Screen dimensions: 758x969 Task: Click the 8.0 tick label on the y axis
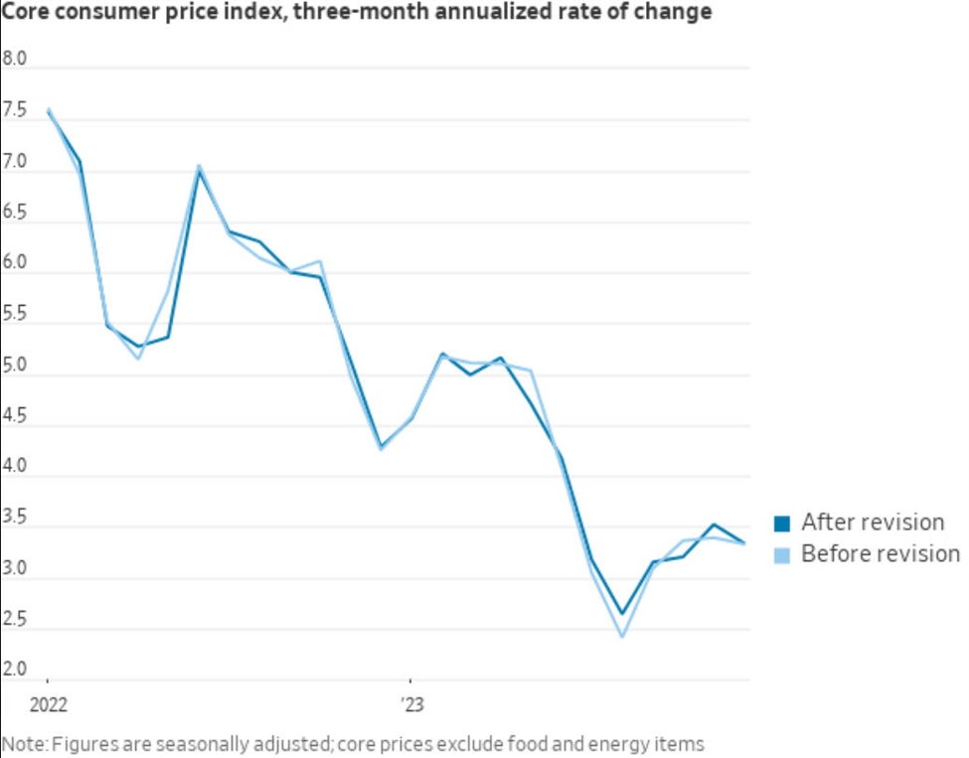pyautogui.click(x=15, y=60)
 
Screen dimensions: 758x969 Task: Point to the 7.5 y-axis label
pyautogui.click(x=15, y=111)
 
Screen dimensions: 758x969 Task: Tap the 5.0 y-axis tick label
pyautogui.click(x=15, y=366)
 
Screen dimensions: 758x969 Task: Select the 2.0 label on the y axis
pyautogui.click(x=15, y=671)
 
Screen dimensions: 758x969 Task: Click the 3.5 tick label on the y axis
pyautogui.click(x=15, y=518)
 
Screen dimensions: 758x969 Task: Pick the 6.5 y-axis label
pyautogui.click(x=15, y=213)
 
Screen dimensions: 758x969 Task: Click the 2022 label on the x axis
pyautogui.click(x=48, y=705)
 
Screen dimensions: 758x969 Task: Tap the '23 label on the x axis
pyautogui.click(x=411, y=705)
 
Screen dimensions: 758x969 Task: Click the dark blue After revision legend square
pyautogui.click(x=781, y=524)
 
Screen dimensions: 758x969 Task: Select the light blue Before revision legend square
pyautogui.click(x=781, y=554)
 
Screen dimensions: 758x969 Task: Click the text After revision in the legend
pyautogui.click(x=872, y=523)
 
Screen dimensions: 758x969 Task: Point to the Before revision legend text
pyautogui.click(x=880, y=553)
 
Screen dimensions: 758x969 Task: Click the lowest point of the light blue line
pyautogui.click(x=622, y=636)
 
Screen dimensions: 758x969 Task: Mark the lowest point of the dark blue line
pyautogui.click(x=622, y=614)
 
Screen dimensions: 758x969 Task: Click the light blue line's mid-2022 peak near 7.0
pyautogui.click(x=199, y=166)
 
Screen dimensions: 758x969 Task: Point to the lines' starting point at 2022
pyautogui.click(x=48, y=110)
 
